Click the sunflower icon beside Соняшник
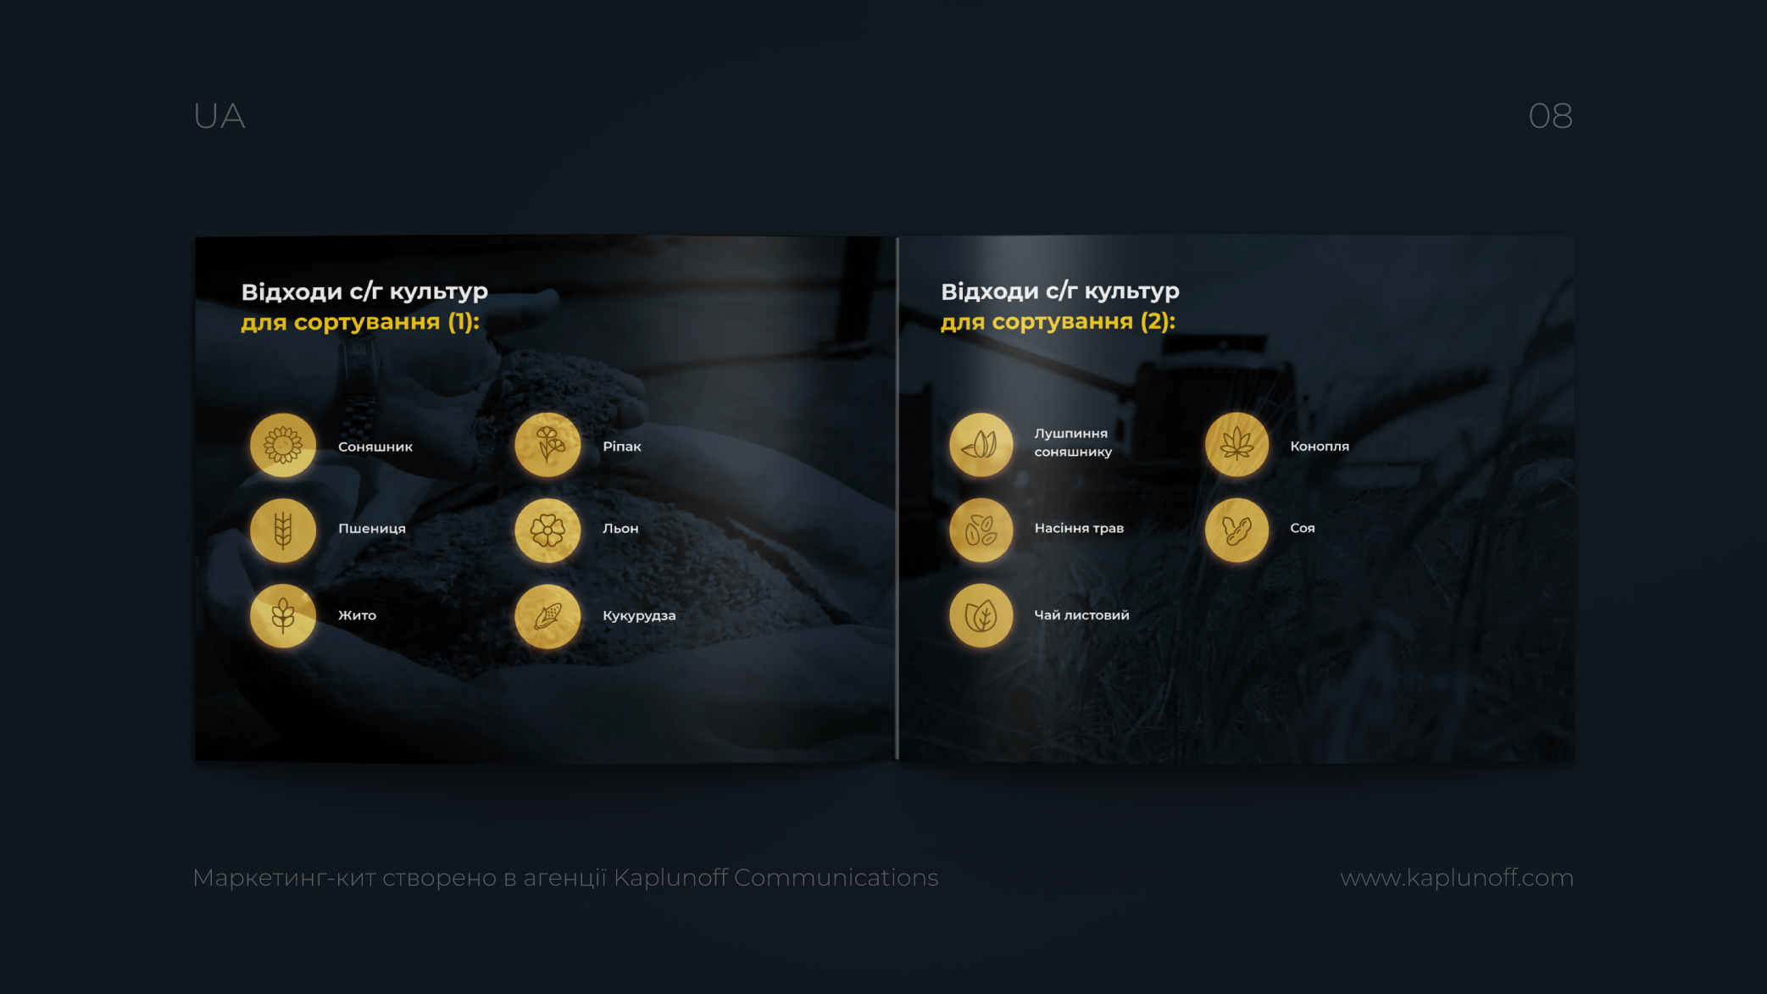tap(283, 445)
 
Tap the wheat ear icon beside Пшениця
tap(283, 530)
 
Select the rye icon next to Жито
tap(283, 616)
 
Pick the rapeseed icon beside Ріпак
tap(547, 445)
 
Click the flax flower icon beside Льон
tap(547, 530)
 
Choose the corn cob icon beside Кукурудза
tap(547, 616)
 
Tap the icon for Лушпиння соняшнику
tap(981, 445)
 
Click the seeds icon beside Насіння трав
tap(981, 530)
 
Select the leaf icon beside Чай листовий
tap(981, 616)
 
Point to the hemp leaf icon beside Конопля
tap(1237, 445)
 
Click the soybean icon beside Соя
tap(1237, 530)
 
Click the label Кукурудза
tap(639, 616)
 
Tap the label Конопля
tap(1320, 447)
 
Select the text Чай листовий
tap(1081, 615)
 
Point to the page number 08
tap(1551, 116)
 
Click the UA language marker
tap(219, 116)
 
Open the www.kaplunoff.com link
tap(1457, 878)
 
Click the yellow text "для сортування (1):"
tap(360, 322)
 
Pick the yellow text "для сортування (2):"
tap(1059, 322)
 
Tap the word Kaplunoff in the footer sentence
tap(670, 878)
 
